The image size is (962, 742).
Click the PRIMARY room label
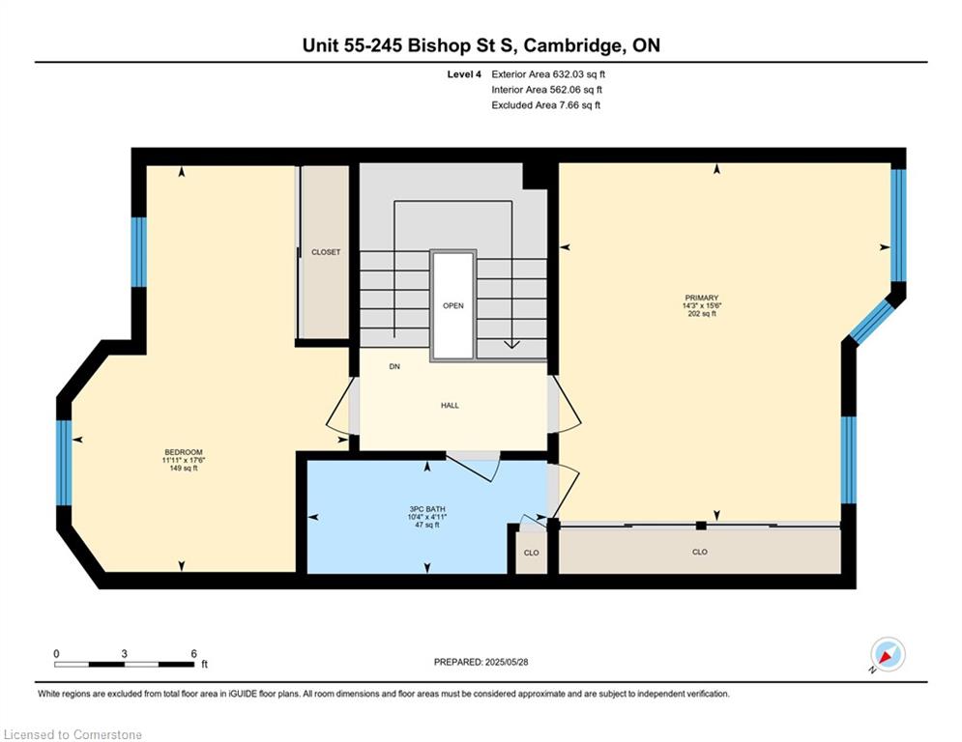tap(701, 298)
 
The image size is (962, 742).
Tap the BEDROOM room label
tap(183, 452)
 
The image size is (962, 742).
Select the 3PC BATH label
tap(427, 509)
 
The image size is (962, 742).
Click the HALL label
tap(450, 406)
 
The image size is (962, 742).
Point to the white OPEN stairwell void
tap(453, 305)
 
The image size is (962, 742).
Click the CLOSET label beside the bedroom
tap(326, 252)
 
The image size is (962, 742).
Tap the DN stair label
tap(394, 367)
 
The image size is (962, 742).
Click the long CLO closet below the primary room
tap(699, 552)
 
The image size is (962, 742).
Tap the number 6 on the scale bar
tap(194, 654)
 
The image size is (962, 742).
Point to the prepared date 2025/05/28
tap(507, 662)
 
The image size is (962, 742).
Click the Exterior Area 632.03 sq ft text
tap(548, 74)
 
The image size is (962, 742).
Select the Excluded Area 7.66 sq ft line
tap(546, 105)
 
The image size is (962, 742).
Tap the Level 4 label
tap(464, 74)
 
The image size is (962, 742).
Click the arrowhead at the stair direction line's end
tap(511, 345)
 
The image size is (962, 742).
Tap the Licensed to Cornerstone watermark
tap(73, 734)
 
